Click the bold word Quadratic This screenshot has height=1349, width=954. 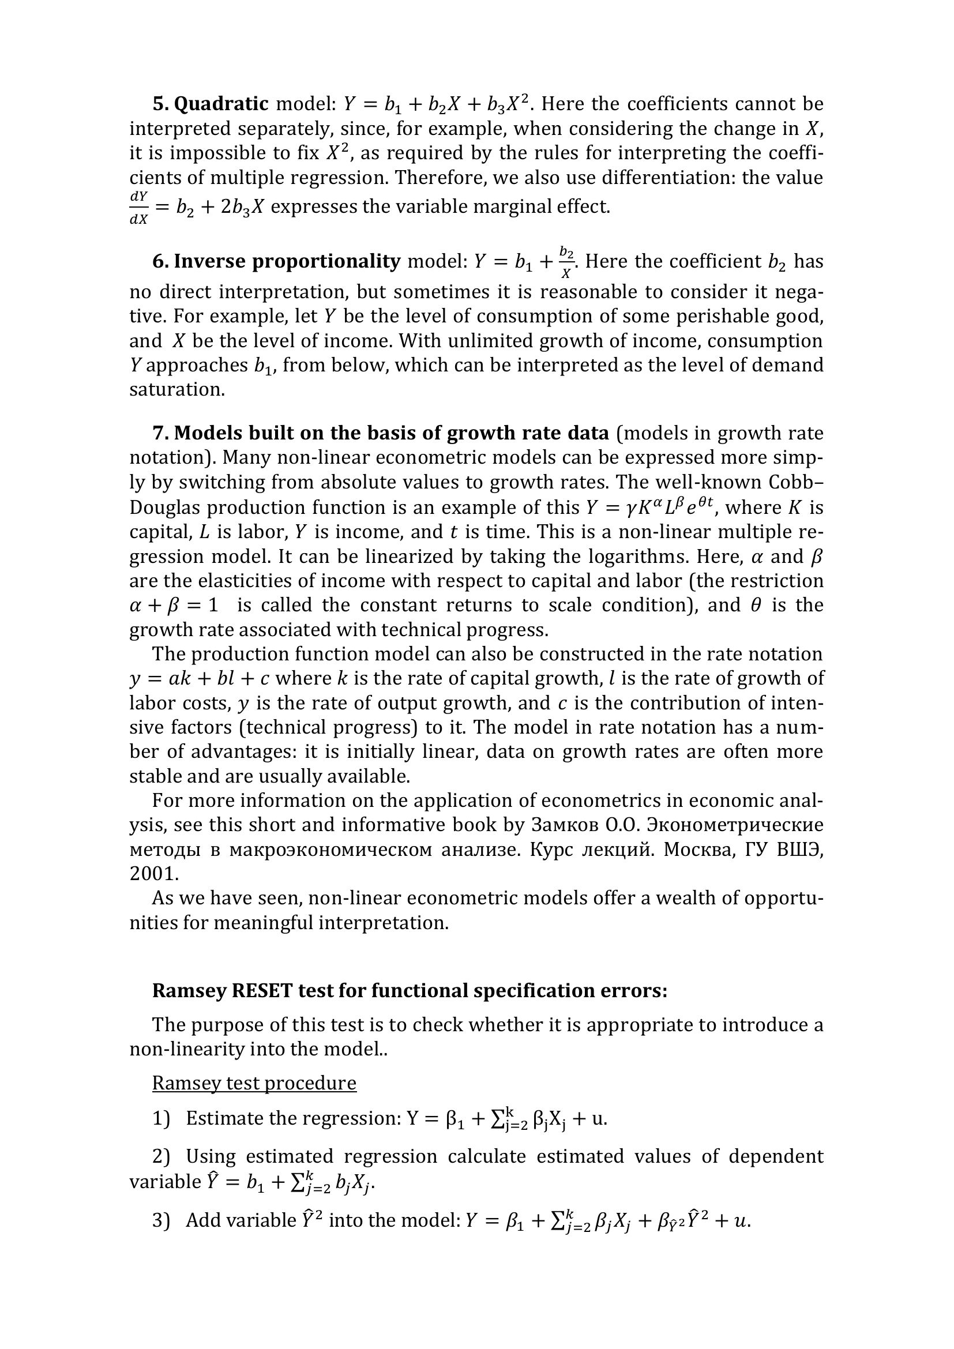click(x=221, y=104)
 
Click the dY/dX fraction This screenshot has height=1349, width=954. click(x=138, y=208)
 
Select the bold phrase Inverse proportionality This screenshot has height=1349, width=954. click(x=287, y=261)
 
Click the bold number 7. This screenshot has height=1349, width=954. click(x=160, y=433)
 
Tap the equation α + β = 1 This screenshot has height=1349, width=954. click(x=174, y=605)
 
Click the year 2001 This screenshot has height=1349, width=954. click(x=153, y=874)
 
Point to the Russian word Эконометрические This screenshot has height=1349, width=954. click(x=734, y=825)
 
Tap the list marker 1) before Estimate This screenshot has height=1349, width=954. click(x=160, y=1118)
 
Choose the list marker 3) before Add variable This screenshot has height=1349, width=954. click(x=160, y=1220)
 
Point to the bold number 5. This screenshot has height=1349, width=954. click(x=160, y=104)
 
